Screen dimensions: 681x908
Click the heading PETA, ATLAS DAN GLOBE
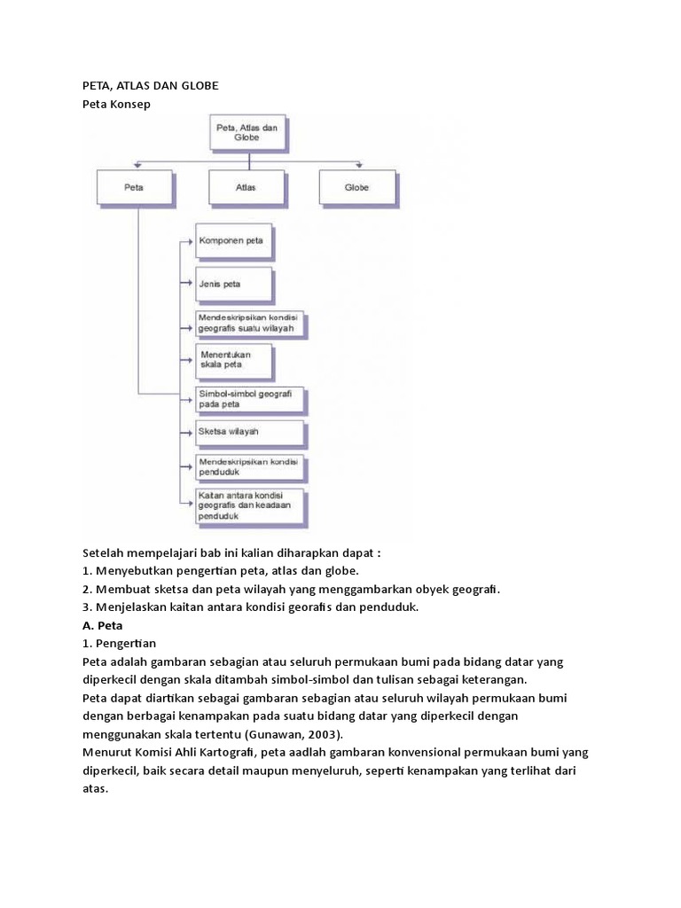tap(151, 86)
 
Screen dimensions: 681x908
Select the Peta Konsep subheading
tap(116, 105)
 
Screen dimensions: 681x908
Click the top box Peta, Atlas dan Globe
tap(248, 133)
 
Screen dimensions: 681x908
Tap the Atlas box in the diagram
tap(247, 188)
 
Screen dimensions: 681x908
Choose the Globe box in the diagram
tap(357, 188)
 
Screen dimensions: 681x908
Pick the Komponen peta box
tap(234, 241)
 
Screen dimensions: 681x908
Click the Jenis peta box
tap(234, 285)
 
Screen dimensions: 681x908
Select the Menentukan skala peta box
tap(234, 362)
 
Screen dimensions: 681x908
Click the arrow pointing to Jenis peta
tap(186, 283)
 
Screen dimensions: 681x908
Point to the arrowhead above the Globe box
tap(359, 166)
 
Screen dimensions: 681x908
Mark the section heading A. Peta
tap(103, 625)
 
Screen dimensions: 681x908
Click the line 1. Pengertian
tap(120, 644)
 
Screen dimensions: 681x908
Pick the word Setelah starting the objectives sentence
tap(103, 553)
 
